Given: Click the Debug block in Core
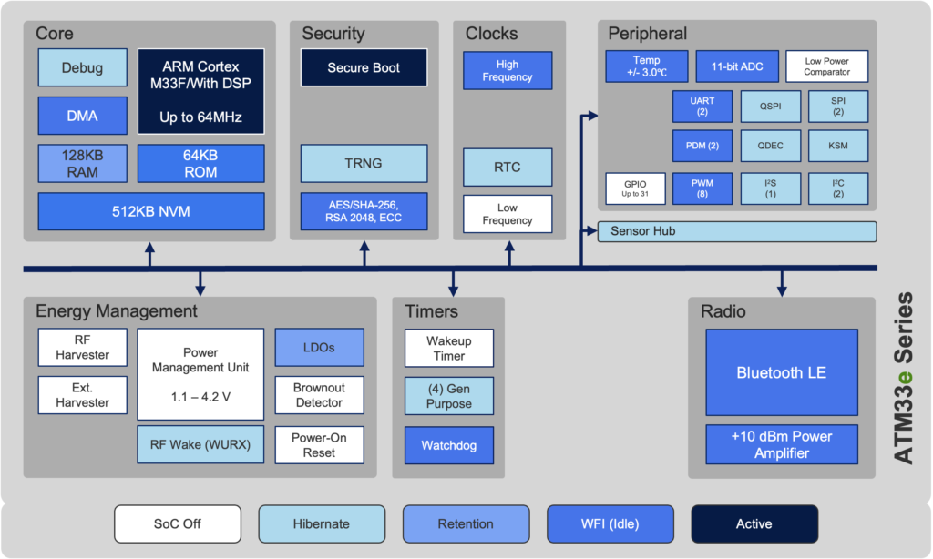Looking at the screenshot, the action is [x=83, y=67].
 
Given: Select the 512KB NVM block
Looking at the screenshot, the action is [x=151, y=211].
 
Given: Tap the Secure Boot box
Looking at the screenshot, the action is [x=364, y=67].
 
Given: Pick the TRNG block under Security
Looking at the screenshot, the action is [x=364, y=163].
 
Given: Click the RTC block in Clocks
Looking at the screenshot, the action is [x=508, y=168].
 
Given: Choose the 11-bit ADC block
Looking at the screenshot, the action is [x=737, y=66].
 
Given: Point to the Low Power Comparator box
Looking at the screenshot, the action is [x=826, y=66].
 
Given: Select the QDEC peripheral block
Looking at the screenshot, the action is [x=771, y=146].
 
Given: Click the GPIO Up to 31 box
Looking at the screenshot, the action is [x=635, y=188].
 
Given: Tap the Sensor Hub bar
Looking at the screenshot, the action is [x=736, y=231].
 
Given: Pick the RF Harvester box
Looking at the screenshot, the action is [x=83, y=347].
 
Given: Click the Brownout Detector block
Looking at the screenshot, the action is [x=320, y=395].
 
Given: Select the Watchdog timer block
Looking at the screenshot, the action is [x=449, y=445].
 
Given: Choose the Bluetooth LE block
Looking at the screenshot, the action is [x=782, y=373].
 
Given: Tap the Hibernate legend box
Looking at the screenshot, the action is [x=322, y=523].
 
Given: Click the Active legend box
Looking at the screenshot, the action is [x=754, y=523].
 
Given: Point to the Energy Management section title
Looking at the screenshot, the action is [x=117, y=311].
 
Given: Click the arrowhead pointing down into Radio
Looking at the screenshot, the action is [x=782, y=290].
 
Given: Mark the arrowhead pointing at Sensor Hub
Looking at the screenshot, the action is [x=591, y=230].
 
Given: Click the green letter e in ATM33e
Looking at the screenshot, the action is [x=904, y=377].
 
